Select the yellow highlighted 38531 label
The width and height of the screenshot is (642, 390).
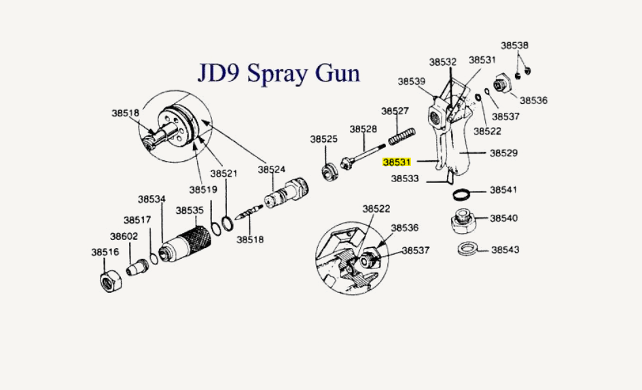pyautogui.click(x=397, y=162)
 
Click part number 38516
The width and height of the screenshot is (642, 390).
pyautogui.click(x=105, y=252)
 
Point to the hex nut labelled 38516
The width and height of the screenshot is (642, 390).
pyautogui.click(x=111, y=279)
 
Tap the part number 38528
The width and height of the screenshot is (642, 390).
pyautogui.click(x=363, y=129)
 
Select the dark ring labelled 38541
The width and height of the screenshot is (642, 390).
pyautogui.click(x=463, y=194)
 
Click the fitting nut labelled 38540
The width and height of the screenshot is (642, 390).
pyautogui.click(x=464, y=221)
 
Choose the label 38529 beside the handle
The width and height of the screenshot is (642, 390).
pyautogui.click(x=503, y=154)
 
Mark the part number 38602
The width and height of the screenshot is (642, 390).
pyautogui.click(x=124, y=236)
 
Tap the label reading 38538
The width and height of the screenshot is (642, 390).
pyautogui.click(x=515, y=46)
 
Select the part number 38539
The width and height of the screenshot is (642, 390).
pyautogui.click(x=412, y=82)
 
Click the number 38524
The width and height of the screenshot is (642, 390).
pyautogui.click(x=272, y=169)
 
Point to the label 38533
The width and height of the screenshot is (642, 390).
pyautogui.click(x=405, y=180)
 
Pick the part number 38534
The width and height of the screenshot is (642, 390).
pyautogui.click(x=151, y=199)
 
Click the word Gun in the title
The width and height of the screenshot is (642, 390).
pyautogui.click(x=336, y=72)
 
